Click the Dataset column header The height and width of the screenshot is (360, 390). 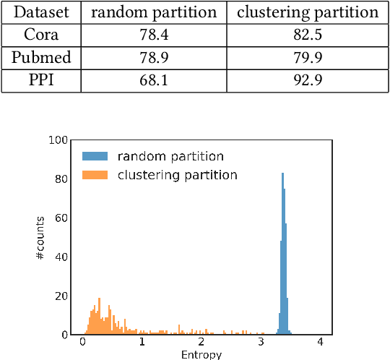pos(41,12)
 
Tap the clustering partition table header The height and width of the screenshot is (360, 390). pos(308,12)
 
